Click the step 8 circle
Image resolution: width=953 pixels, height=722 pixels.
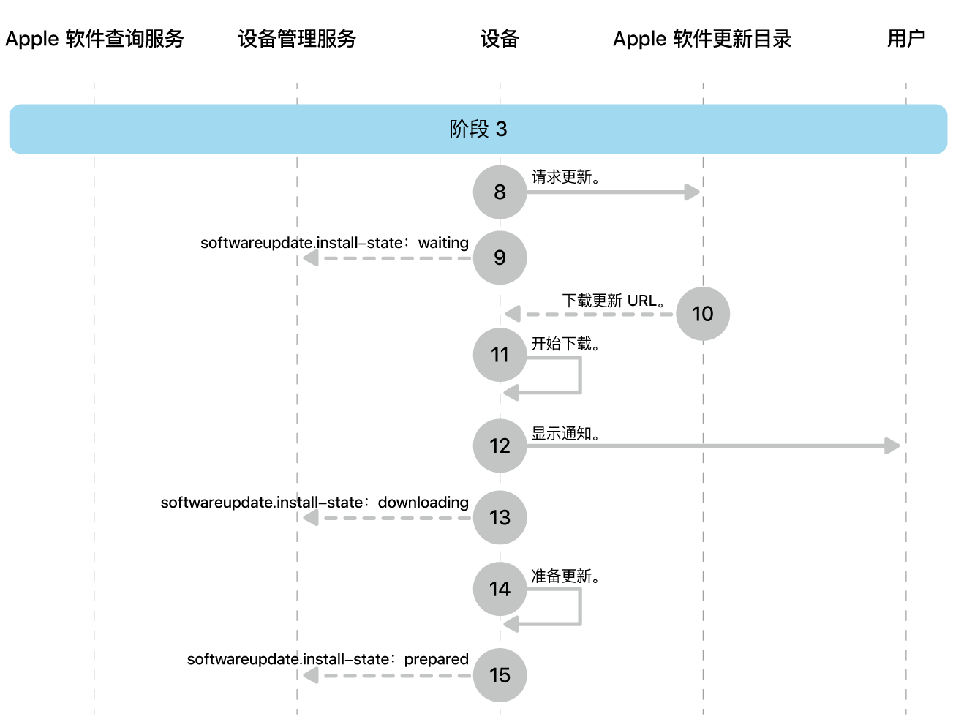coord(500,192)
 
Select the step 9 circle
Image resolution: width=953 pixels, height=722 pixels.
coord(500,257)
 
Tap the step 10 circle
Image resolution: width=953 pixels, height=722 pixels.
coord(702,314)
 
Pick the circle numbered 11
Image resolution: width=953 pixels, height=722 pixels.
coord(500,355)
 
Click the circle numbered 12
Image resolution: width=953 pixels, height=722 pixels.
coord(500,445)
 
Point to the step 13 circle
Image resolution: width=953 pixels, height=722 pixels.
coord(500,517)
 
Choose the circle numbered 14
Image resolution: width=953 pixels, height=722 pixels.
coord(500,589)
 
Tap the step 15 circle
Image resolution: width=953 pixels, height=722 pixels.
coord(500,674)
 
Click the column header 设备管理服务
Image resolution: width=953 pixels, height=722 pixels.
coord(297,39)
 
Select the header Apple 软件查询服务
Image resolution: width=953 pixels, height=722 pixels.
coord(94,39)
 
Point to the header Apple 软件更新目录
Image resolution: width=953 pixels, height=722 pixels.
coord(702,39)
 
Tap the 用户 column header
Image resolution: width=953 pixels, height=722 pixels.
coord(905,39)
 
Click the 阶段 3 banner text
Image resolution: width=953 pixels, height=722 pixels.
coord(478,129)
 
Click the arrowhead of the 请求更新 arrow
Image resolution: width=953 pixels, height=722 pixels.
coord(692,192)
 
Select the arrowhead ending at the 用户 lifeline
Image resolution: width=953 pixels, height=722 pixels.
coord(892,445)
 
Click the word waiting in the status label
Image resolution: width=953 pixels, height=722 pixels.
coord(443,243)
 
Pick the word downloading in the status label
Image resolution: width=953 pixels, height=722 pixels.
coord(423,503)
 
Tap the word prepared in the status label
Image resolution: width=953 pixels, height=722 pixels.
coord(436,659)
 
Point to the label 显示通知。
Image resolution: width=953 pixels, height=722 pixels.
coord(565,434)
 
